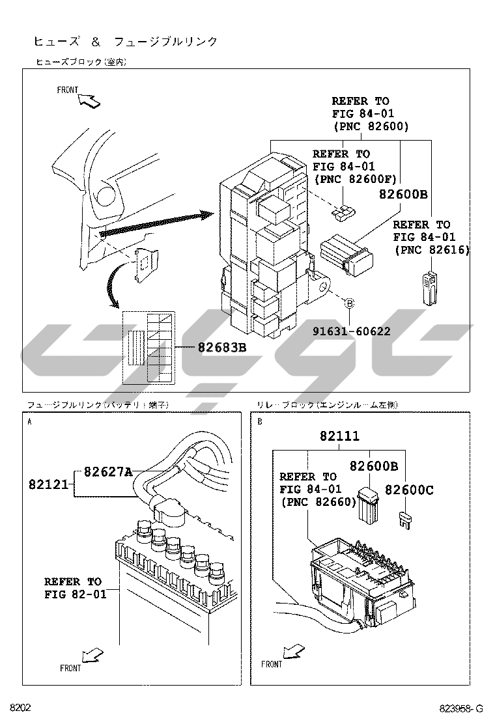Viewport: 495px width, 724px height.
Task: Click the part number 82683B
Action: click(222, 348)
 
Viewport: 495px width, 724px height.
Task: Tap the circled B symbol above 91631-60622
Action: click(349, 303)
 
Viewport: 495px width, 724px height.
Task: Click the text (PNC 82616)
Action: click(432, 249)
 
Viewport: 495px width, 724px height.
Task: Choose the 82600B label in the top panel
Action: click(403, 194)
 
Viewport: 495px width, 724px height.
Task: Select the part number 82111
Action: click(339, 436)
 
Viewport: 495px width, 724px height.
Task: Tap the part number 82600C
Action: click(408, 490)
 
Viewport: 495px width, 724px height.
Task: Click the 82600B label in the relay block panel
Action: click(374, 466)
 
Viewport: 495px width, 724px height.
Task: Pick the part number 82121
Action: click(48, 484)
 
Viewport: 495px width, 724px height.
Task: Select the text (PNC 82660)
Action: click(318, 501)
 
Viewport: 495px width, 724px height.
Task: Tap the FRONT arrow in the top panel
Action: click(89, 100)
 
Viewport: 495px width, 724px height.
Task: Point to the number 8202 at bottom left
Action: click(20, 708)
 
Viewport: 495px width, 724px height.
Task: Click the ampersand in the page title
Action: click(95, 42)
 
